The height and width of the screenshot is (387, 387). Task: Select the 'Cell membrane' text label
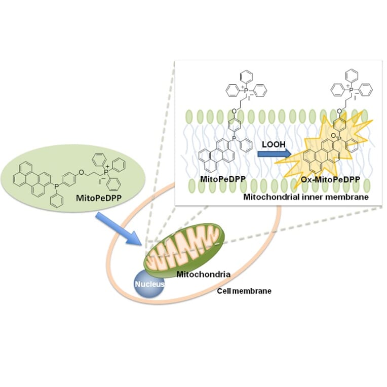point(244,291)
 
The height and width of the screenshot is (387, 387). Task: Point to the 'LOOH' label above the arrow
point(274,144)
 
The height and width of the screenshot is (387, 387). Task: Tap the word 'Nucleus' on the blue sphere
point(149,285)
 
